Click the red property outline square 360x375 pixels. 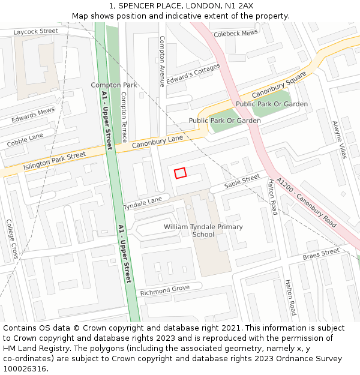click(180, 173)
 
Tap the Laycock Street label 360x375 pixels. click(35, 31)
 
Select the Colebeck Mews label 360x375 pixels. click(236, 33)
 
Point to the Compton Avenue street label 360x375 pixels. click(161, 61)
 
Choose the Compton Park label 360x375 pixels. click(114, 85)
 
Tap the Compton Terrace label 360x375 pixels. click(124, 113)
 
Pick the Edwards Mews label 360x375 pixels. click(33, 115)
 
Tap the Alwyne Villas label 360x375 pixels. click(340, 140)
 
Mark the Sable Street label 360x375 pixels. click(242, 181)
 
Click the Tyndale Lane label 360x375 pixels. click(143, 203)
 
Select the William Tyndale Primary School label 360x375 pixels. click(203, 230)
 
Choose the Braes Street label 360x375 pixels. click(321, 254)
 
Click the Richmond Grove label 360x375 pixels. click(164, 291)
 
